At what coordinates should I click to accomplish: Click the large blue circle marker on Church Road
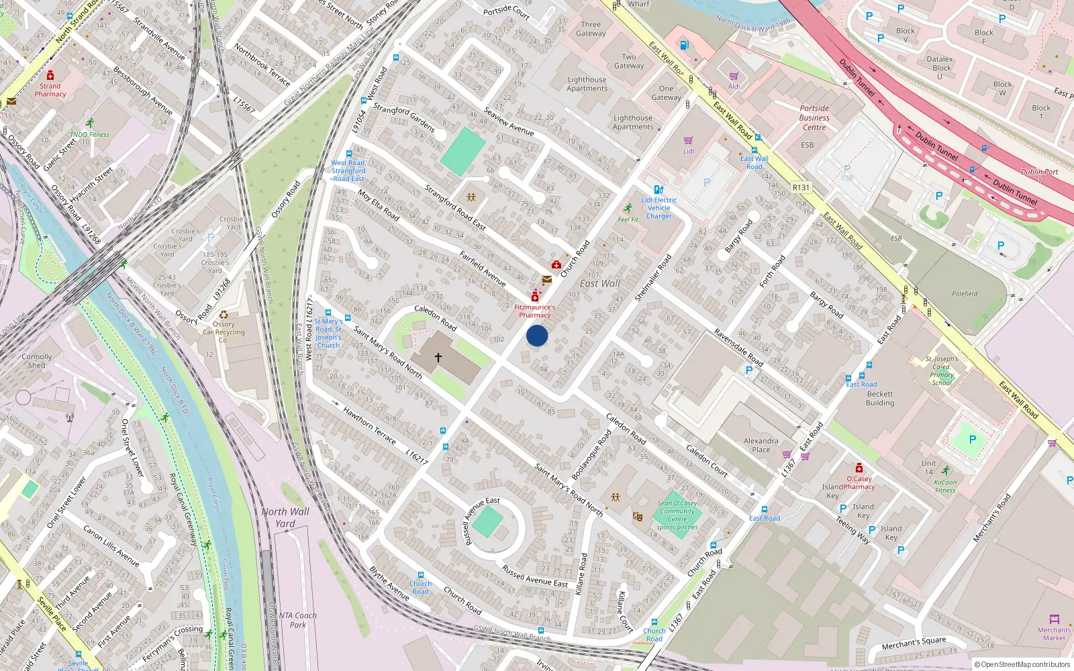(537, 335)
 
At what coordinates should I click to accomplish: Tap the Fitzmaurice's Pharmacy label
(535, 311)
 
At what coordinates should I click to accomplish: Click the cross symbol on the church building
(438, 358)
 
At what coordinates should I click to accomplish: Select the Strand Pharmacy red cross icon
(50, 75)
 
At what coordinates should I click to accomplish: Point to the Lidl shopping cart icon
(688, 140)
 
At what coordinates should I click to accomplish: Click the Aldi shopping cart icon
(734, 76)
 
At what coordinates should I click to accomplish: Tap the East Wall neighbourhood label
(599, 284)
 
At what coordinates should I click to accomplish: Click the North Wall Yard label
(285, 517)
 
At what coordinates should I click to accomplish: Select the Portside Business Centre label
(814, 117)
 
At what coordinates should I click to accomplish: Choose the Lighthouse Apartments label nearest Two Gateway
(587, 84)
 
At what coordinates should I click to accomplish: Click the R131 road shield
(801, 188)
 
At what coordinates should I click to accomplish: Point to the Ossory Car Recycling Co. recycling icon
(224, 314)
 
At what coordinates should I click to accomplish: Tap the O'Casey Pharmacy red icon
(859, 468)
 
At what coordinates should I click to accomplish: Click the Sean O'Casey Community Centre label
(677, 515)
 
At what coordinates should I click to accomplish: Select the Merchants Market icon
(1055, 619)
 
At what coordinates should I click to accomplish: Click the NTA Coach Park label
(297, 620)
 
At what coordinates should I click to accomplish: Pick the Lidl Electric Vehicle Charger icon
(658, 190)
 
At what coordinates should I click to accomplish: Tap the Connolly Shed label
(36, 361)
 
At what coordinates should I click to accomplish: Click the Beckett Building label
(880, 399)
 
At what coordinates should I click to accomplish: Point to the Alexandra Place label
(761, 445)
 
